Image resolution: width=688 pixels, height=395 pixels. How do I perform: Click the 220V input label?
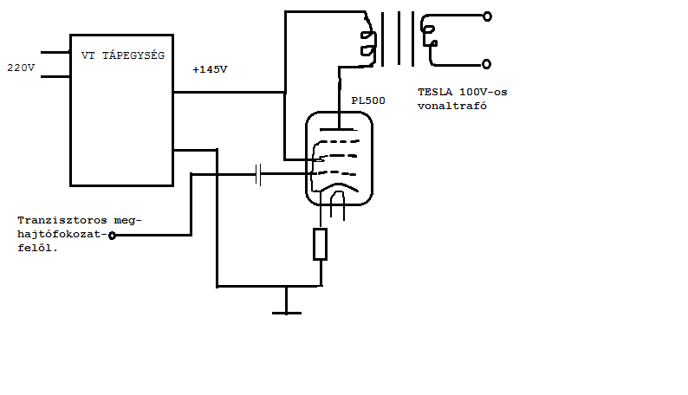(21, 68)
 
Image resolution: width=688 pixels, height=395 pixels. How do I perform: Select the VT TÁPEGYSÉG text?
(123, 55)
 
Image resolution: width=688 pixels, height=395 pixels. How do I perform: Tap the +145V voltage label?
(210, 69)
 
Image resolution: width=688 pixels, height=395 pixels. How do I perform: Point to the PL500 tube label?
(368, 100)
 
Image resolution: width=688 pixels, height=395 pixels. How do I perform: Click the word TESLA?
(435, 92)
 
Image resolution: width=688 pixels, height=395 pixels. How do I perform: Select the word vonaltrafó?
(452, 106)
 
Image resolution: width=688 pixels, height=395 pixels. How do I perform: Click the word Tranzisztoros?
(62, 220)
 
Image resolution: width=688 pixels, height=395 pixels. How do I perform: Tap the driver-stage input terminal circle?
(112, 236)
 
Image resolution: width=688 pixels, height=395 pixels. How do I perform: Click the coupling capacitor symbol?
(258, 174)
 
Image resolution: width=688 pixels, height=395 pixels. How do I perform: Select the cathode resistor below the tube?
(320, 244)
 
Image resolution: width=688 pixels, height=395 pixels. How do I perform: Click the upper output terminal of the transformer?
(487, 16)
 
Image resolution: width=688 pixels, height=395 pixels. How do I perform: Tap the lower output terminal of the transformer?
(486, 64)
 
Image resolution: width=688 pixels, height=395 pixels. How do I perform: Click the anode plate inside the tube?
(338, 129)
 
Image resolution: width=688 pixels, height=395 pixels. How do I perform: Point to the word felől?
(38, 248)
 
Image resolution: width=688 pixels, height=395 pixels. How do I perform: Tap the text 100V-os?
(484, 92)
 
